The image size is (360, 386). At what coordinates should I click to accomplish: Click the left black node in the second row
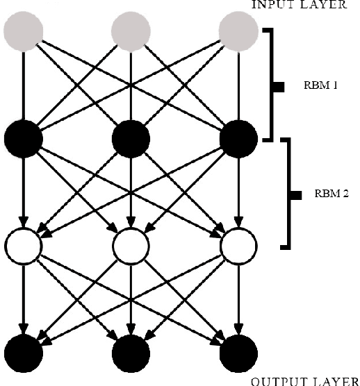(24, 139)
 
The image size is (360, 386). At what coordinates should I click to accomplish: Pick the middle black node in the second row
(131, 139)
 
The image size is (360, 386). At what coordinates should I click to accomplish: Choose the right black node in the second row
(238, 139)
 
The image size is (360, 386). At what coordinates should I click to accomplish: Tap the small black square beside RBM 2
(295, 194)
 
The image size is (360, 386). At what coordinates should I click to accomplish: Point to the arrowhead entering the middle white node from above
(131, 222)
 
